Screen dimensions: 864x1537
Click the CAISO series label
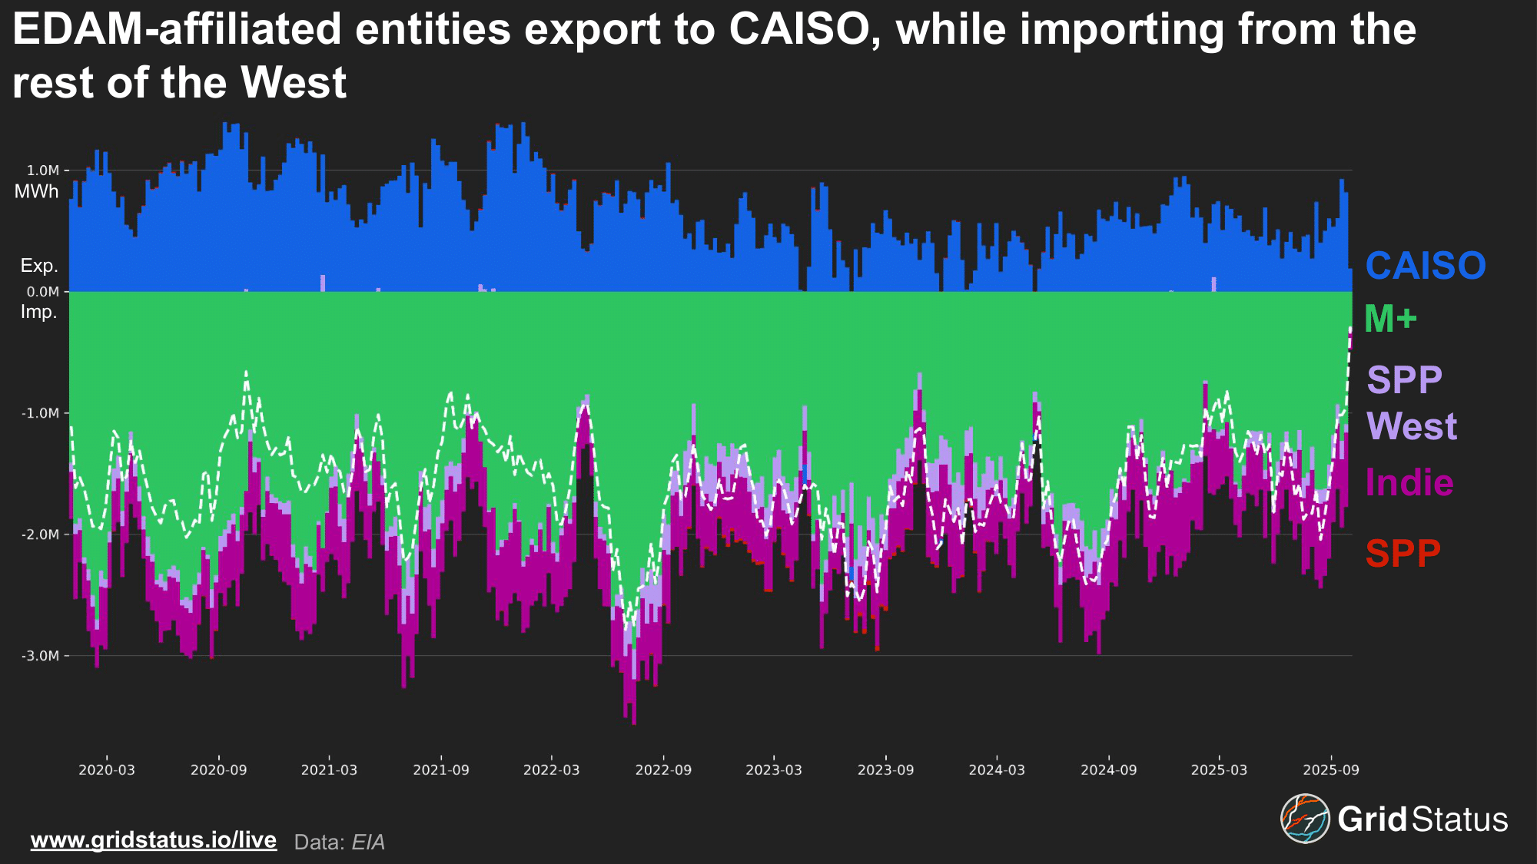(x=1425, y=266)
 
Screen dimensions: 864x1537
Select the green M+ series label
(x=1390, y=319)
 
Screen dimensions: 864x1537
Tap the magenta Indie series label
(x=1409, y=483)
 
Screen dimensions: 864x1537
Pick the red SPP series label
(x=1403, y=553)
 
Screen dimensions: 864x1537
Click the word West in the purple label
(x=1412, y=426)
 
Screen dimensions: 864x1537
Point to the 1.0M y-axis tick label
(x=43, y=170)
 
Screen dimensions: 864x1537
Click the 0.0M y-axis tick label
(x=43, y=292)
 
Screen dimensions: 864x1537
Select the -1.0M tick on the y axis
(x=40, y=413)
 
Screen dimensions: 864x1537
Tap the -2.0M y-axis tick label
(x=40, y=535)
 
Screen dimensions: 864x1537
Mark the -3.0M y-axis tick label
(x=40, y=656)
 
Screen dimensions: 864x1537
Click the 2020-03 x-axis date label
(x=107, y=770)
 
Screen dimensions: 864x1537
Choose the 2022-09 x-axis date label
(x=663, y=770)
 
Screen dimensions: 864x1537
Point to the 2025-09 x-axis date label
(x=1331, y=770)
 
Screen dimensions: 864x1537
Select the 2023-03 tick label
(x=774, y=770)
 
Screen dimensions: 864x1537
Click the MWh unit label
(x=36, y=192)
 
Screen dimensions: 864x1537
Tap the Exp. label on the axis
(x=39, y=266)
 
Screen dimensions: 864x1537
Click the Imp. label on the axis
(x=39, y=312)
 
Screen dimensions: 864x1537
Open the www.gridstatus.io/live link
(x=154, y=840)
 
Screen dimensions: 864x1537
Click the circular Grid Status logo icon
(x=1304, y=819)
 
